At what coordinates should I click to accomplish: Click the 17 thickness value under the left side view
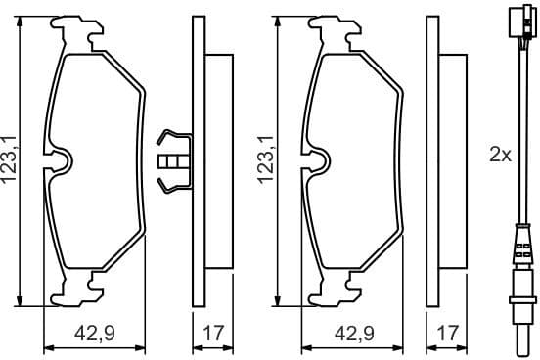click(x=212, y=333)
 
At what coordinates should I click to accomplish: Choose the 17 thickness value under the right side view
click(x=449, y=333)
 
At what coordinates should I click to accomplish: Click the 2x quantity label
click(x=501, y=154)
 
